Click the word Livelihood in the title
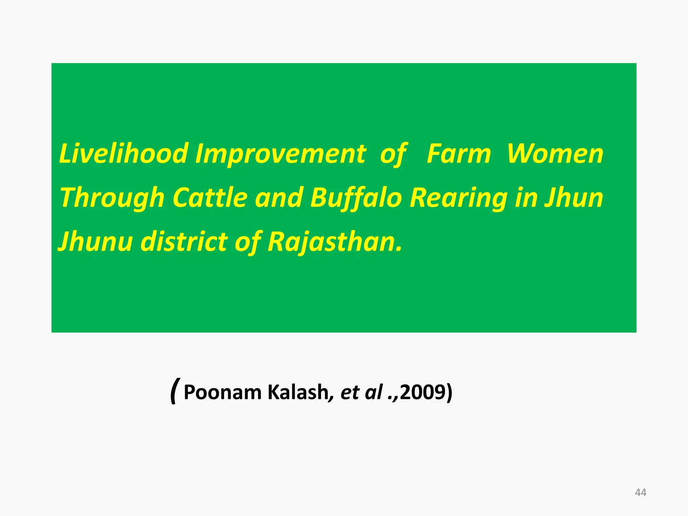[x=124, y=154]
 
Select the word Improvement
[x=281, y=154]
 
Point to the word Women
[x=555, y=154]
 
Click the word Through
[x=112, y=198]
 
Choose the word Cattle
[x=210, y=198]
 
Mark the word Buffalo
[x=356, y=198]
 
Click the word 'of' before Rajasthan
[x=248, y=242]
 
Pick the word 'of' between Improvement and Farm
[x=393, y=154]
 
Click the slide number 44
[x=640, y=492]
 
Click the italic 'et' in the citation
[x=350, y=392]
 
